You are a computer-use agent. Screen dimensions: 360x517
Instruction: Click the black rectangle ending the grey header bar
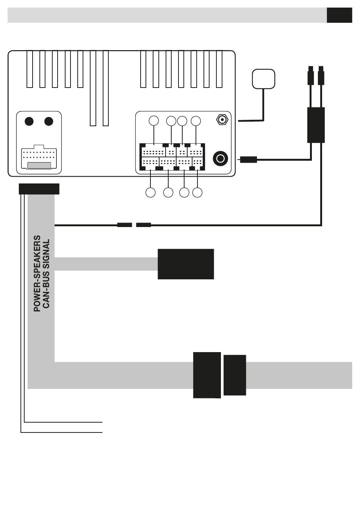[339, 15]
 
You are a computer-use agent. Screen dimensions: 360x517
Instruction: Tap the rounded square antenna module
[263, 79]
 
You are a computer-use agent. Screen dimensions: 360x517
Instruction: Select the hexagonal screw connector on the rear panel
[222, 120]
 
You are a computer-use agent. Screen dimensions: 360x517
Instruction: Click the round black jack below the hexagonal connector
[221, 158]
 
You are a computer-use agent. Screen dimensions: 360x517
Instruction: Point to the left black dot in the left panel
[29, 121]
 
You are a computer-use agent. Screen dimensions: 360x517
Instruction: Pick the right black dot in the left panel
[49, 121]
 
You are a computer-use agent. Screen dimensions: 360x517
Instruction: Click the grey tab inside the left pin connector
[39, 166]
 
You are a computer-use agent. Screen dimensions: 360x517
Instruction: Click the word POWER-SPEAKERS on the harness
[37, 274]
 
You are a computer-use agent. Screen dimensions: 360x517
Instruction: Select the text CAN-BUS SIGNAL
[46, 274]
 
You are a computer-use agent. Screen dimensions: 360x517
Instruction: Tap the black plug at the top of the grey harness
[39, 189]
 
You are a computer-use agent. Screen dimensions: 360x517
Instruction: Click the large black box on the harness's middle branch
[186, 264]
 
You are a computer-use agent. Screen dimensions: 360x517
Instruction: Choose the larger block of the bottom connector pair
[207, 375]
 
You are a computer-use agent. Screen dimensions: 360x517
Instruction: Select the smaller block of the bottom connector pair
[235, 375]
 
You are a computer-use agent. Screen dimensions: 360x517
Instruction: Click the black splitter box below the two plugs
[316, 125]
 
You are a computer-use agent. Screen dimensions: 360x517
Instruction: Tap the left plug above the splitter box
[311, 76]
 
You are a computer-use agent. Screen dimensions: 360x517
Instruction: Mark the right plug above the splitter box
[321, 76]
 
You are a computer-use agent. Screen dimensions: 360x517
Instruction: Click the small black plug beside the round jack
[248, 160]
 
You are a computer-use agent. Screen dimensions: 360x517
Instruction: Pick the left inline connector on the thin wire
[125, 225]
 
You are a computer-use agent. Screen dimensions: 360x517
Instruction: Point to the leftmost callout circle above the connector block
[154, 121]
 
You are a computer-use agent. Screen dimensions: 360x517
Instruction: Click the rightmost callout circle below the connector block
[197, 193]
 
